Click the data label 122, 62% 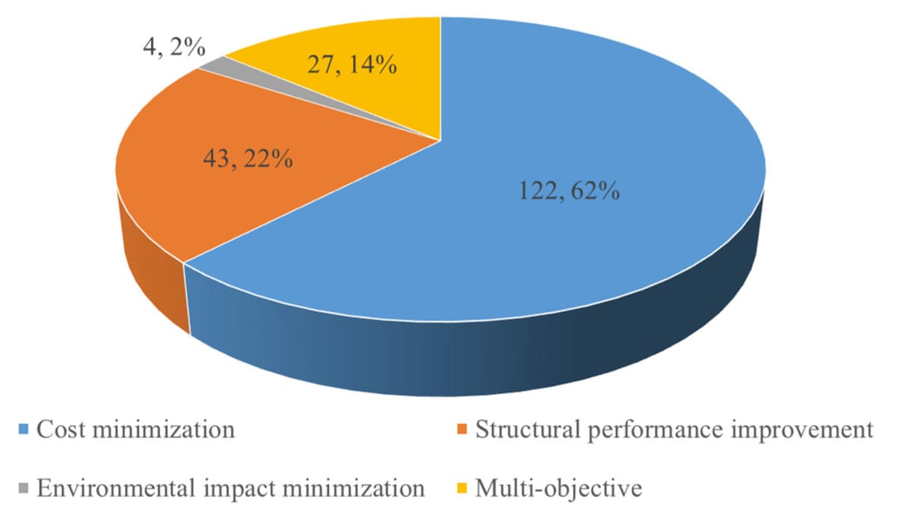click(569, 190)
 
